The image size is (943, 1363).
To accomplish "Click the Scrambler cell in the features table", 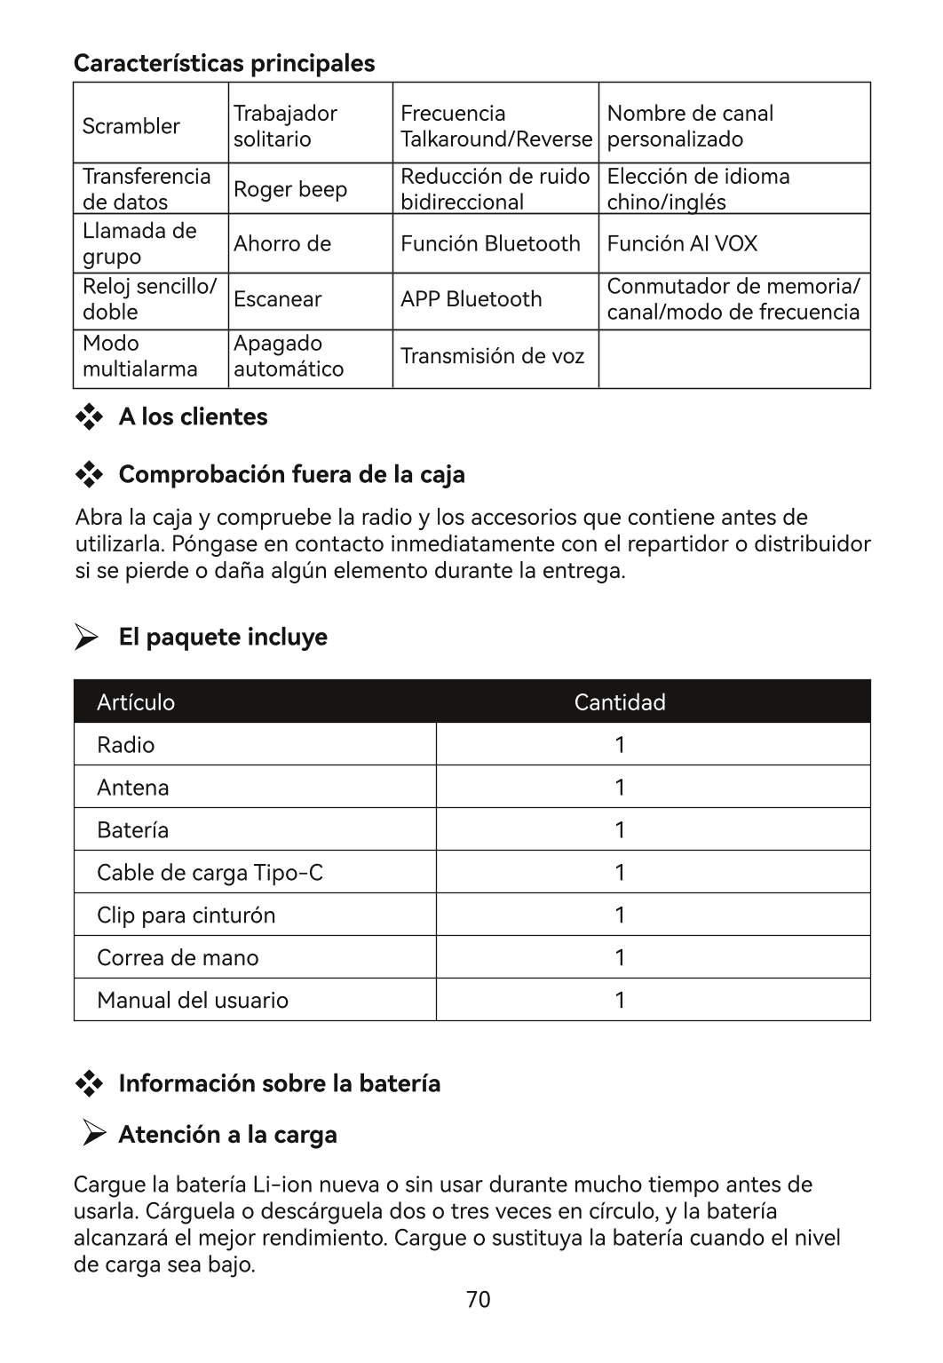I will click(x=131, y=126).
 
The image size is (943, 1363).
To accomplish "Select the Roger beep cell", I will click(x=290, y=189).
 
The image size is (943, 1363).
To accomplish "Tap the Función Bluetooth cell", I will click(x=490, y=243).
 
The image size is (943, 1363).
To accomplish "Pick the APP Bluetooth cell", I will click(x=471, y=299).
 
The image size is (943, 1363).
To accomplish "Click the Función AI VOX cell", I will click(x=682, y=243).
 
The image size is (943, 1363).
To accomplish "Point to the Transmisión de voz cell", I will click(x=492, y=356).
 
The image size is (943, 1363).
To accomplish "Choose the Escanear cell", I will click(x=277, y=299).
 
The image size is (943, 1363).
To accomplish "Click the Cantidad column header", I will click(x=620, y=702).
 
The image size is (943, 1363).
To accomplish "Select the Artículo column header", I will click(x=136, y=702).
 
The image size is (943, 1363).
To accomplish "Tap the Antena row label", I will click(x=133, y=788).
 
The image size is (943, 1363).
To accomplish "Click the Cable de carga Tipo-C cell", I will click(x=210, y=873).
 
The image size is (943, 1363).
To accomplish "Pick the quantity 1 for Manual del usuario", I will click(x=620, y=1001).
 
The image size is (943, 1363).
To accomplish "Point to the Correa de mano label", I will click(x=178, y=958).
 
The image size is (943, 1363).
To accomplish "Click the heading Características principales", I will click(x=224, y=63).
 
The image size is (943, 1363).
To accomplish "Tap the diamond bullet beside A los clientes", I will click(x=89, y=417).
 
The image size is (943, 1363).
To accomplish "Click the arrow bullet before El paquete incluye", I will click(x=86, y=638).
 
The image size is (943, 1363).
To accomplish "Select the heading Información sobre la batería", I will click(x=279, y=1083).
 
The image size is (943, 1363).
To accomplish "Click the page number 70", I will click(x=478, y=1300).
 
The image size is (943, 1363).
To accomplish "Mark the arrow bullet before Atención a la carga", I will click(x=94, y=1133).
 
